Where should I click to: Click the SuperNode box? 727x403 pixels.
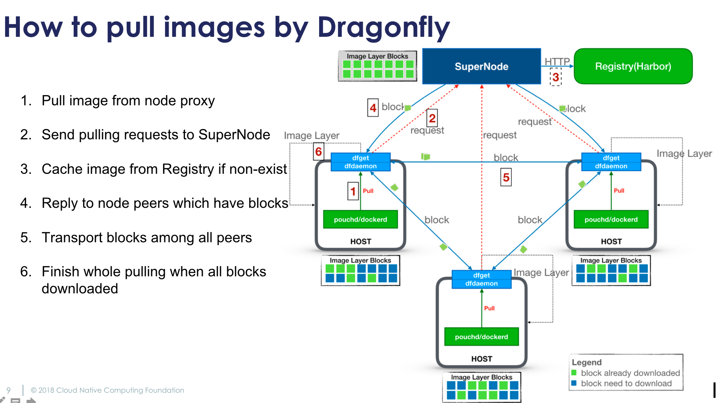coord(481,66)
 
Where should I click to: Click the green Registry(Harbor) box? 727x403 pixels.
coord(633,66)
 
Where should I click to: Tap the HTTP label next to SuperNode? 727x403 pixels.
coord(557,61)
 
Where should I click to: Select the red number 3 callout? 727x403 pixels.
coord(556,77)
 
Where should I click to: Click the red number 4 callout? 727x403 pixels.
coord(373,108)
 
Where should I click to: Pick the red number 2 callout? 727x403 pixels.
coord(432,118)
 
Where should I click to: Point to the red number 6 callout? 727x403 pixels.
coord(318,152)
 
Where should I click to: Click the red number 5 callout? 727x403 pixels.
coord(506,177)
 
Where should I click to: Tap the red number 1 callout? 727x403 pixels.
coord(353,192)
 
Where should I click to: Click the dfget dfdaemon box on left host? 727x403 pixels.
coord(360,162)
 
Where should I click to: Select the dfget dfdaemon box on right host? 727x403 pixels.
coord(611,162)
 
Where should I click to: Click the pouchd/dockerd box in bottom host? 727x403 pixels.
coord(481,337)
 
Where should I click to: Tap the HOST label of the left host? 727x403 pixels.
coord(360,241)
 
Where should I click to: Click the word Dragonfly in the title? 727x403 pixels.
coord(383,28)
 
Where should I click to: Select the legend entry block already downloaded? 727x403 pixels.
coord(630,373)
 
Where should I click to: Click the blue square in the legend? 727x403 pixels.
coord(574,383)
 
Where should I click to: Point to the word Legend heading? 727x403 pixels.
coord(586,362)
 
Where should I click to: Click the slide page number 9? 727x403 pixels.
coord(9,390)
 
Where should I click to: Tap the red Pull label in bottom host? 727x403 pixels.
coord(489,308)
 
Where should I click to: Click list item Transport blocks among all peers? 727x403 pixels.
coord(147,238)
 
